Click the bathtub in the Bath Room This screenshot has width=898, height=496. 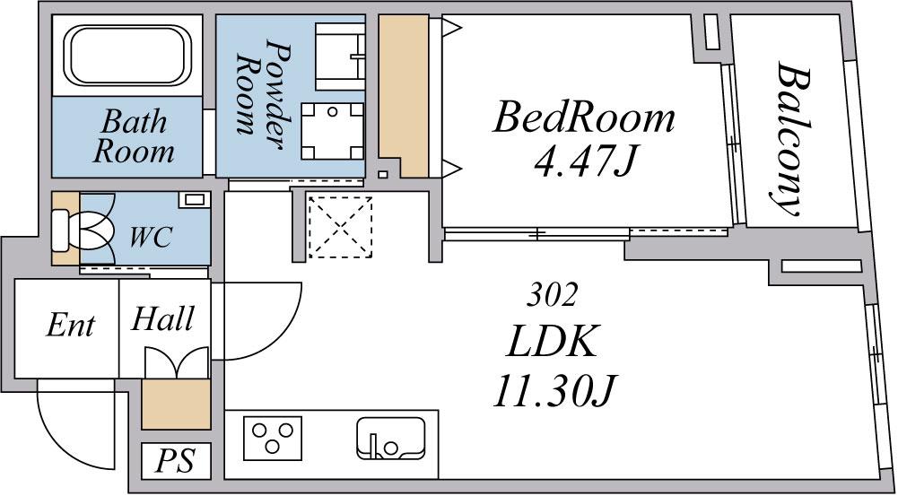(x=127, y=56)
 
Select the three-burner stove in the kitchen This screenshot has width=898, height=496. (x=273, y=439)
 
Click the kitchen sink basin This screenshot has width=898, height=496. (x=391, y=439)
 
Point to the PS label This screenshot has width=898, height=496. (x=176, y=460)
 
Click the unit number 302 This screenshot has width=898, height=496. (x=551, y=296)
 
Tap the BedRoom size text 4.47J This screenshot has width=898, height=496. (x=585, y=161)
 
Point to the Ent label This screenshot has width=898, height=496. (x=71, y=326)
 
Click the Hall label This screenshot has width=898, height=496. (x=162, y=318)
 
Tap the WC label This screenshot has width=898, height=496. (x=150, y=238)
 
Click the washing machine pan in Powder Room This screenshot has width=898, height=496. (x=333, y=131)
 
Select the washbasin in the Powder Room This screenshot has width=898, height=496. (x=340, y=57)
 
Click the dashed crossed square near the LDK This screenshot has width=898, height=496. (x=340, y=228)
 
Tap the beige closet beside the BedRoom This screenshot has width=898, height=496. (x=403, y=96)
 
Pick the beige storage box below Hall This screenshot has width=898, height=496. (x=177, y=404)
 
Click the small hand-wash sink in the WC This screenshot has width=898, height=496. (x=194, y=200)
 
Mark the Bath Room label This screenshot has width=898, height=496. (x=134, y=137)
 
